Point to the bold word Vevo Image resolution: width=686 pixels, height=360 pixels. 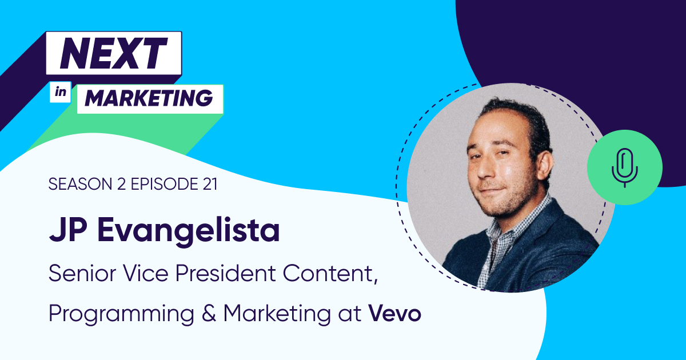395,314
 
